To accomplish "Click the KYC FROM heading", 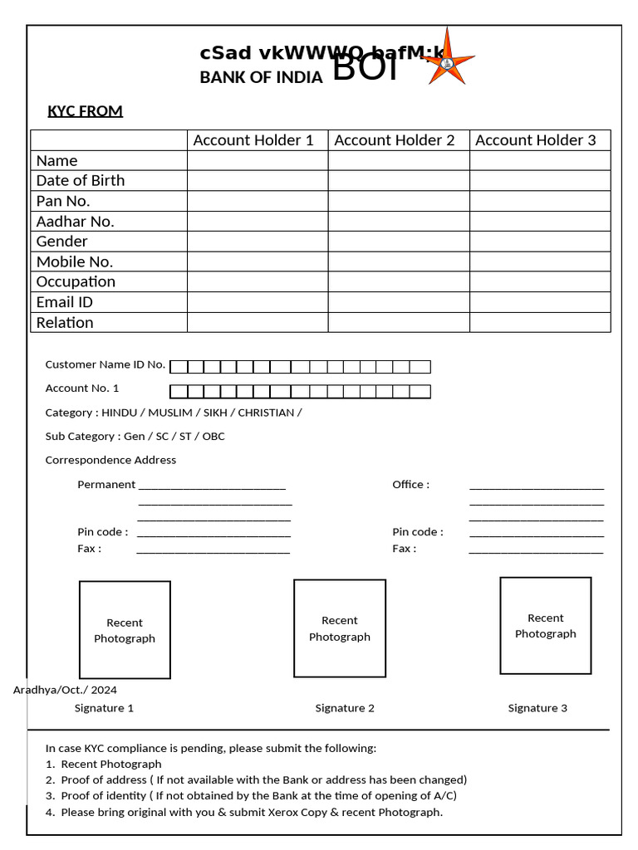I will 85,111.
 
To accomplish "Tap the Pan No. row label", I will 63,201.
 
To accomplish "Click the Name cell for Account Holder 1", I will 258,160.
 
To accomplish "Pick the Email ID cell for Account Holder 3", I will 539,302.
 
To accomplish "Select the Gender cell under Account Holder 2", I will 398,241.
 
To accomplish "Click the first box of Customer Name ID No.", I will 179,367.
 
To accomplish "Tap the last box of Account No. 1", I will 420,392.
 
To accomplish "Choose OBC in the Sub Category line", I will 213,436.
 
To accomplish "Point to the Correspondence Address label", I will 110,460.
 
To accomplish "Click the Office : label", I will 410,484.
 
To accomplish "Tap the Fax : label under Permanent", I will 90,549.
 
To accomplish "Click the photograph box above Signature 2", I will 339,628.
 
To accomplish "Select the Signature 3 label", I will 537,708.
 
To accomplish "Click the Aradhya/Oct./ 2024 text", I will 65,690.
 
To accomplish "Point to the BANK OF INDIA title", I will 261,78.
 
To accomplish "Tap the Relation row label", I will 65,322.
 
